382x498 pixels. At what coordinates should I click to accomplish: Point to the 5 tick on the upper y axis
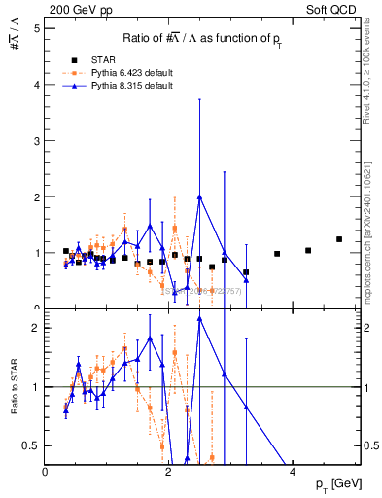pyautogui.click(x=36, y=28)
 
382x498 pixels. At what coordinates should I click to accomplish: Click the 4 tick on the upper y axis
pyautogui.click(x=36, y=85)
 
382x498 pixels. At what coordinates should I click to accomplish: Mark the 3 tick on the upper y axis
pyautogui.click(x=36, y=141)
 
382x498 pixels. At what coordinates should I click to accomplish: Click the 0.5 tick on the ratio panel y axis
pyautogui.click(x=31, y=445)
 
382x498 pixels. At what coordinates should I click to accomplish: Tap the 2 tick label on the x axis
pyautogui.click(x=169, y=472)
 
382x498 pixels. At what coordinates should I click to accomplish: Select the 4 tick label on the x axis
pyautogui.click(x=294, y=472)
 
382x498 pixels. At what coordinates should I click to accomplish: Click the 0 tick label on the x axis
pyautogui.click(x=46, y=472)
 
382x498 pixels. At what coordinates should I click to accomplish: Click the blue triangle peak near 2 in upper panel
pyautogui.click(x=199, y=196)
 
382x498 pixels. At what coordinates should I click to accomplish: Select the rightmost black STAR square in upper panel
pyautogui.click(x=339, y=239)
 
